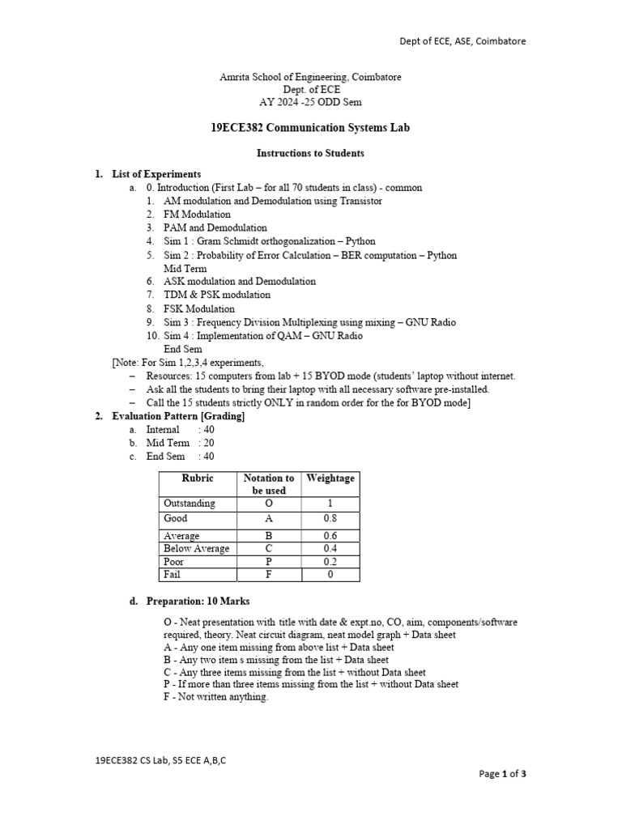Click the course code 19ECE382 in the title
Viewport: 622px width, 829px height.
(235, 128)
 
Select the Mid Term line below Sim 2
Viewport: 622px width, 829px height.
(185, 268)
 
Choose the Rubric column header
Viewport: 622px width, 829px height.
(198, 478)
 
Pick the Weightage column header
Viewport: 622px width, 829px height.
(330, 478)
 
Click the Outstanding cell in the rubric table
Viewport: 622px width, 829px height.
(190, 504)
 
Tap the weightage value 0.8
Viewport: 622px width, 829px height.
(330, 519)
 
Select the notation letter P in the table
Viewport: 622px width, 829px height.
(269, 562)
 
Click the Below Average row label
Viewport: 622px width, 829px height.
(197, 549)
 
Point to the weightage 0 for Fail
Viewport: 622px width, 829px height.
(330, 575)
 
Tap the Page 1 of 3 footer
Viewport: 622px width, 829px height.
(502, 774)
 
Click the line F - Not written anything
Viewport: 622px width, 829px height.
(215, 697)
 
